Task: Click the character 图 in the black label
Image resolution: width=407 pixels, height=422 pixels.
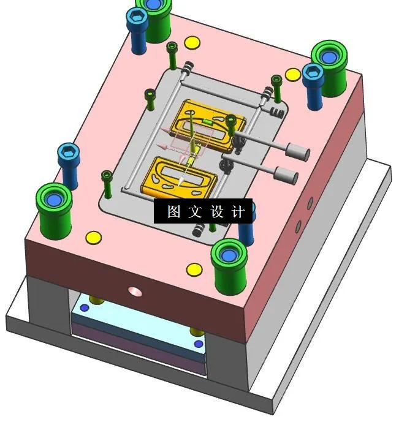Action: (173, 212)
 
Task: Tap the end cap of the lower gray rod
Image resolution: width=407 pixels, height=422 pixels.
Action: (286, 175)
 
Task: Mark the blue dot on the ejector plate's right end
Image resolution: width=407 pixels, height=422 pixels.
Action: (198, 344)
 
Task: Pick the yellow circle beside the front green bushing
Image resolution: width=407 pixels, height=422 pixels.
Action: (194, 268)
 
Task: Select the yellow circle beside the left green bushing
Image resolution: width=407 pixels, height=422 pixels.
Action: (93, 236)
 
